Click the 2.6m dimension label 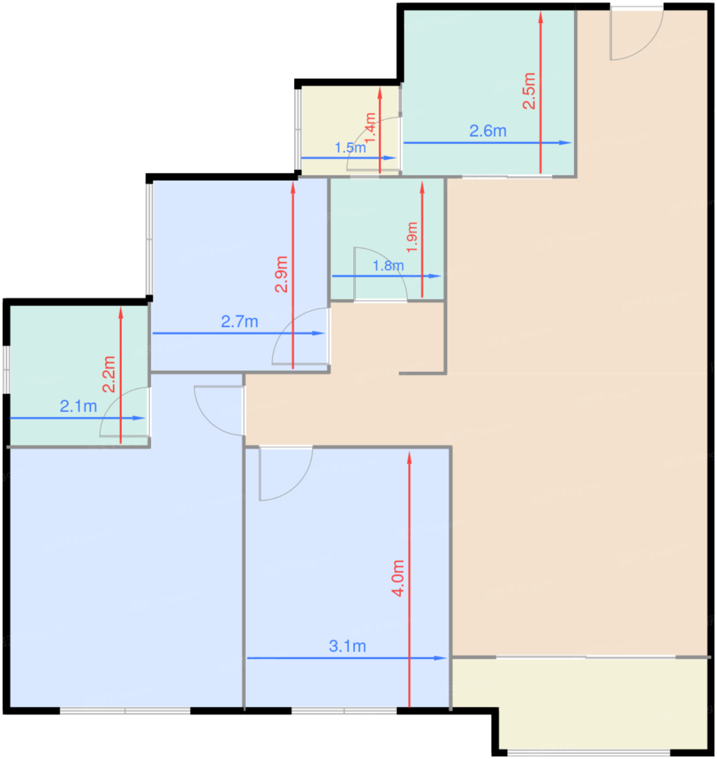pyautogui.click(x=488, y=131)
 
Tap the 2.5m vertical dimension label pyautogui.click(x=529, y=91)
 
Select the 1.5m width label pyautogui.click(x=351, y=147)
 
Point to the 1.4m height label pyautogui.click(x=370, y=128)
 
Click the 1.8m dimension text pyautogui.click(x=389, y=265)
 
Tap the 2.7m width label pyautogui.click(x=240, y=321)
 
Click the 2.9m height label pyautogui.click(x=281, y=274)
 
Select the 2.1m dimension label pyautogui.click(x=79, y=406)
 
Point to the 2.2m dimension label pyautogui.click(x=109, y=374)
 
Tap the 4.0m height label pyautogui.click(x=397, y=578)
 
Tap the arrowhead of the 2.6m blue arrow pyautogui.click(x=566, y=143)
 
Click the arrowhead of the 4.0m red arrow pyautogui.click(x=409, y=458)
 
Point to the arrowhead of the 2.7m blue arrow pyautogui.click(x=319, y=333)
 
